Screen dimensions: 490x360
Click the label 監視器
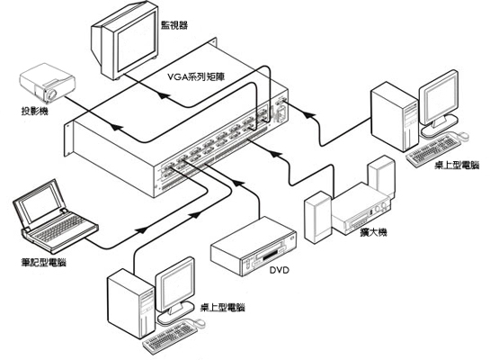click(x=174, y=25)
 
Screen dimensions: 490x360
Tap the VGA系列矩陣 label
click(x=196, y=76)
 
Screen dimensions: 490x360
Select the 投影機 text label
click(x=35, y=111)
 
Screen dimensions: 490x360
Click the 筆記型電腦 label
click(x=44, y=262)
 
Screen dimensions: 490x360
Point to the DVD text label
click(x=280, y=270)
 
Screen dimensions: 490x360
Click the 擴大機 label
click(x=374, y=232)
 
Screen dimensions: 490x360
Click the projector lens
click(x=51, y=94)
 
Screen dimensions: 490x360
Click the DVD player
click(x=254, y=247)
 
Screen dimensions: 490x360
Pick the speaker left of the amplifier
click(x=317, y=217)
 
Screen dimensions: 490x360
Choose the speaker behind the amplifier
click(x=381, y=175)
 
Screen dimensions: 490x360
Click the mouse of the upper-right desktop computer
click(x=463, y=135)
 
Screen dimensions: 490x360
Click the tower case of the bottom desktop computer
click(x=131, y=304)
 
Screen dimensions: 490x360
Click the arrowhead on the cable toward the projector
click(x=116, y=127)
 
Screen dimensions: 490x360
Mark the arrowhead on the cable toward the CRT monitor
click(x=164, y=94)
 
